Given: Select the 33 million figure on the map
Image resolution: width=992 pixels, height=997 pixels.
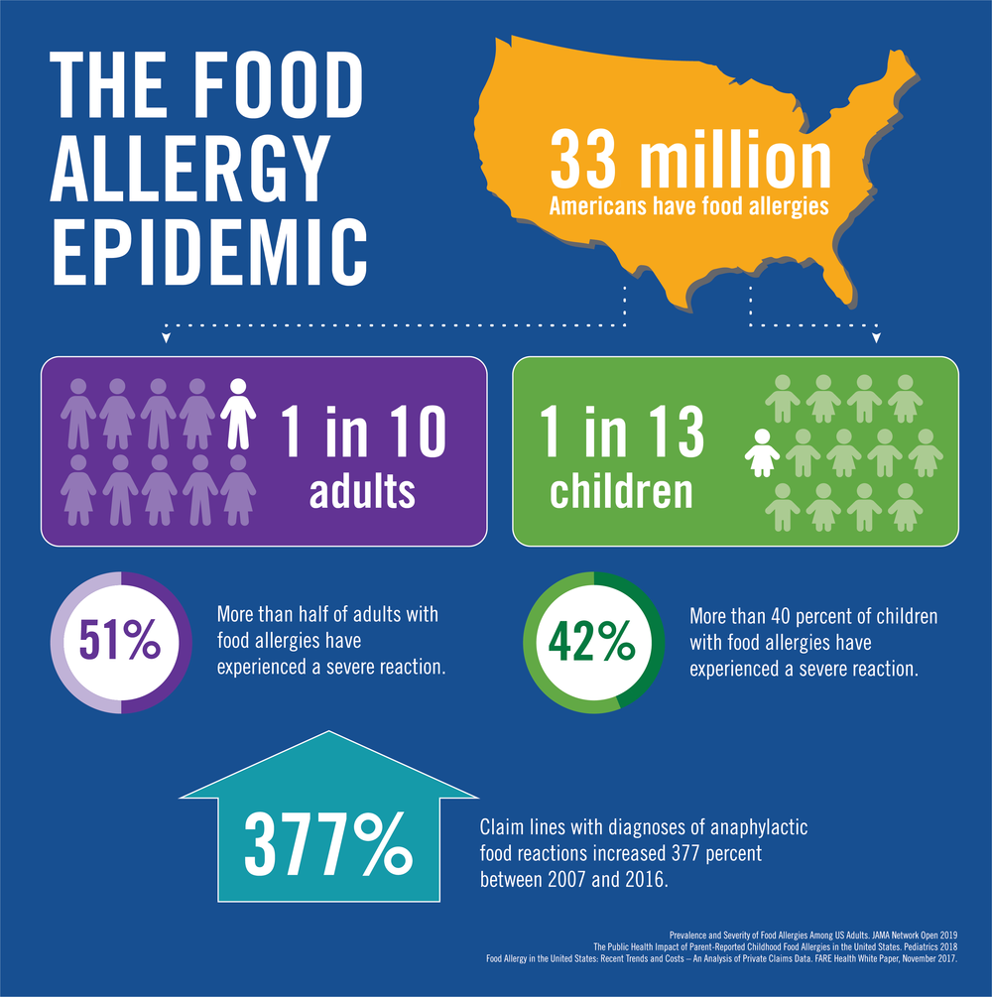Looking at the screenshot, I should coord(690,162).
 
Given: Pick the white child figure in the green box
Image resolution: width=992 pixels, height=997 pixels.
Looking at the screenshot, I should coord(763,453).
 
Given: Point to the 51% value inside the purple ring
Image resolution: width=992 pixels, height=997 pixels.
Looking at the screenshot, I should coord(120,642).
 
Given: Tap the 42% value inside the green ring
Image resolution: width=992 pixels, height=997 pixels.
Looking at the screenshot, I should coord(592,642).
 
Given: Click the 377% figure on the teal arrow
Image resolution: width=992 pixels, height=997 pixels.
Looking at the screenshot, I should coord(327,844).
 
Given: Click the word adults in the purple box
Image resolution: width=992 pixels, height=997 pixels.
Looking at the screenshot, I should coord(362,490).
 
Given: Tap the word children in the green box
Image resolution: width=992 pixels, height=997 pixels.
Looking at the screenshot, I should coord(621,490).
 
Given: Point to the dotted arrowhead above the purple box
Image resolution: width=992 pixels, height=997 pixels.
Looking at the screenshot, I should coord(166,338).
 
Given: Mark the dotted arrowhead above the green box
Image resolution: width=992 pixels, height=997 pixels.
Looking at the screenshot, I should coord(876,338).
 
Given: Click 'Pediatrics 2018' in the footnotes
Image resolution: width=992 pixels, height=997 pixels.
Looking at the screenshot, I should coord(943,947).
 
